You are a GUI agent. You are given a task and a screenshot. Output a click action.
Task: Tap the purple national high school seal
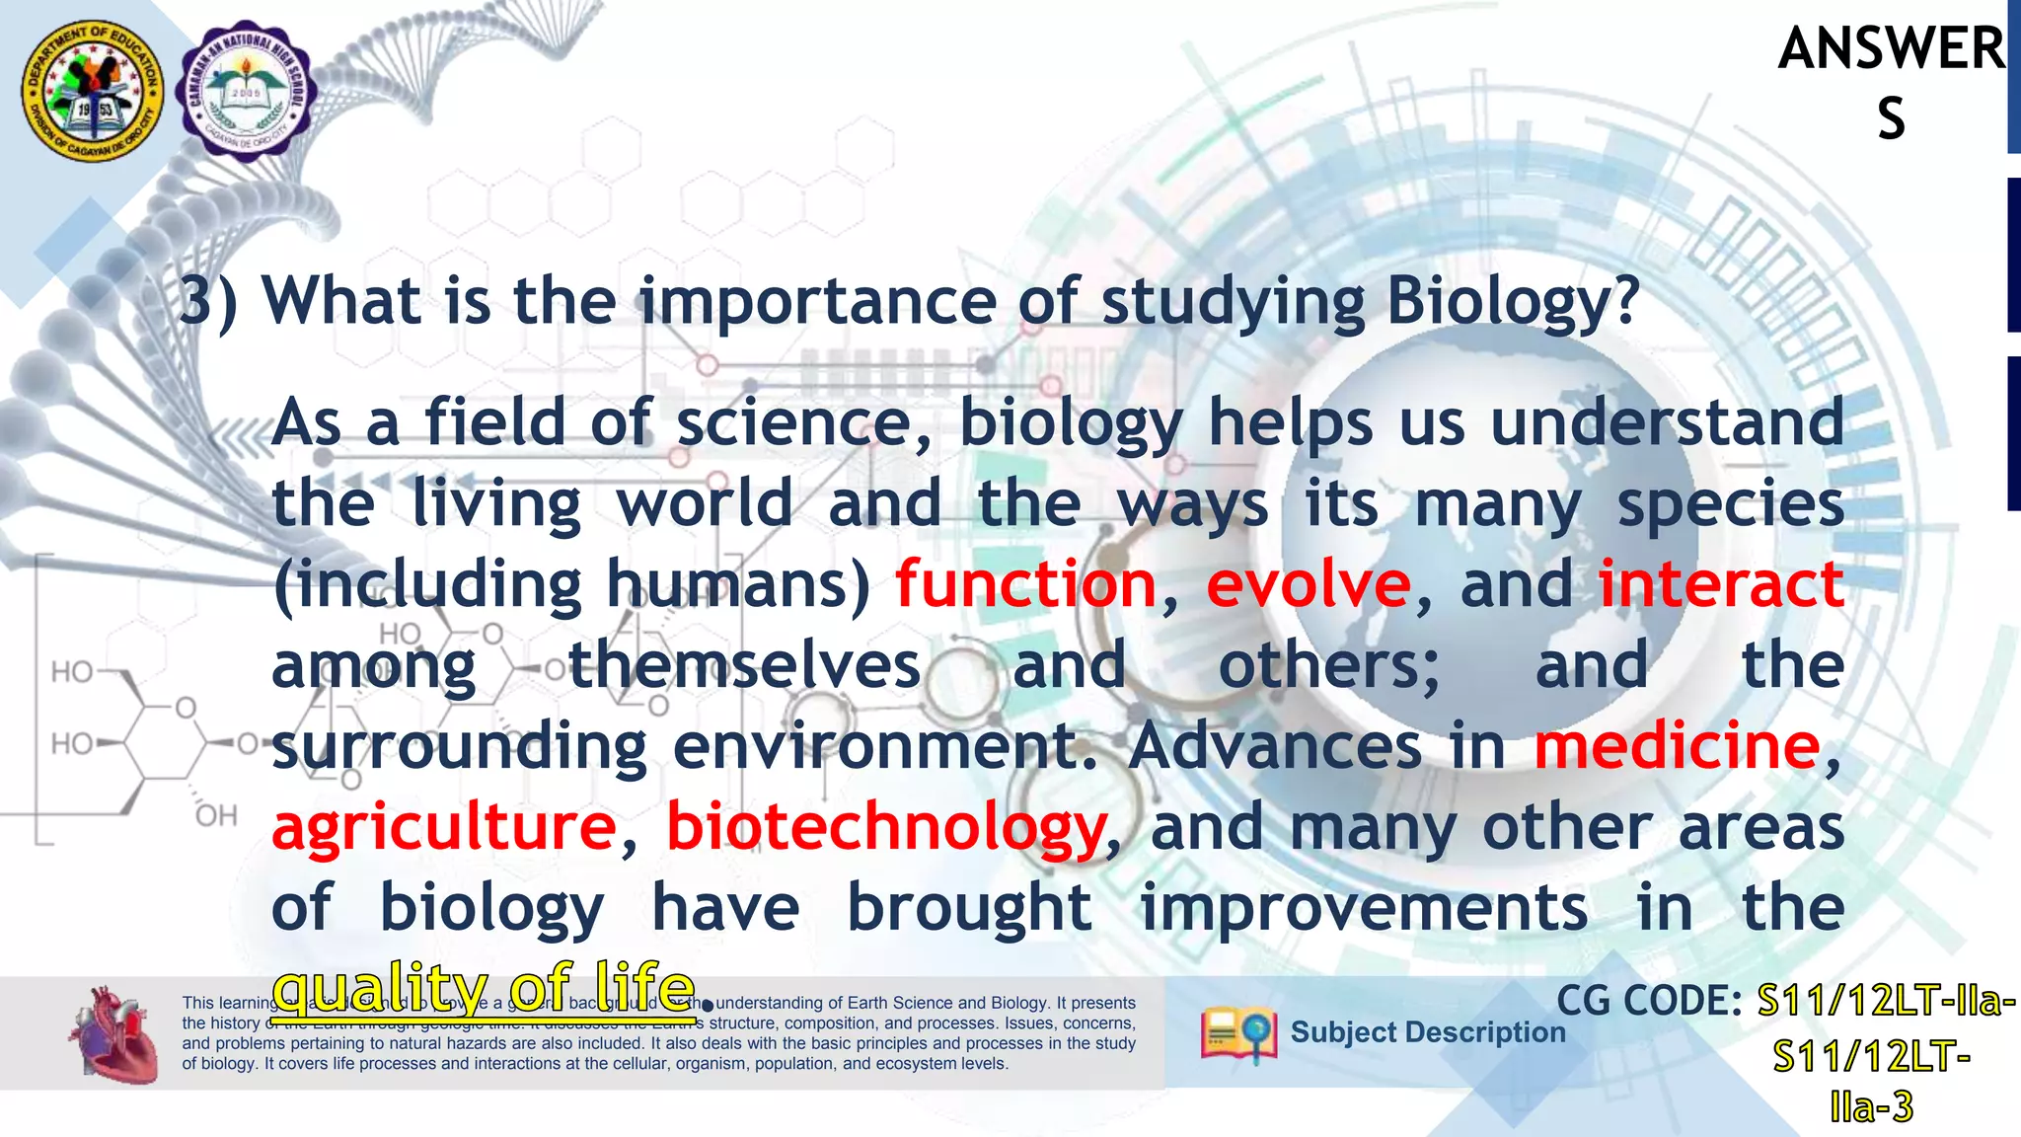(x=246, y=91)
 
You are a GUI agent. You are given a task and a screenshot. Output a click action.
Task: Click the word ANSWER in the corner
(x=1891, y=49)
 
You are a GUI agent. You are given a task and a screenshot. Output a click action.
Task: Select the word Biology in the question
(x=1513, y=301)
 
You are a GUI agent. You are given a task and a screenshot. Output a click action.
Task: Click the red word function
(x=1025, y=584)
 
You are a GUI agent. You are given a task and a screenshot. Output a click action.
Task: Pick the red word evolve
(x=1309, y=584)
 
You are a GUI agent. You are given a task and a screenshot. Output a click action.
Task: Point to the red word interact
(x=1720, y=584)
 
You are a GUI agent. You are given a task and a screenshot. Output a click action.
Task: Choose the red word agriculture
(x=444, y=827)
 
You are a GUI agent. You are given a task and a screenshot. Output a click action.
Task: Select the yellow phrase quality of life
(x=484, y=987)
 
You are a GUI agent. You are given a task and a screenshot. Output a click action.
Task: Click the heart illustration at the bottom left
(x=113, y=1034)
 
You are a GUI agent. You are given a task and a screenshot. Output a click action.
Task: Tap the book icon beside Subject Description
(x=1237, y=1034)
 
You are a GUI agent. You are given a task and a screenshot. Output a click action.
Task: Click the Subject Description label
(x=1427, y=1032)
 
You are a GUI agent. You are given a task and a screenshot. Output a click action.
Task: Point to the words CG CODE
(x=1649, y=1002)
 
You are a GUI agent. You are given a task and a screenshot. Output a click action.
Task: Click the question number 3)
(x=208, y=301)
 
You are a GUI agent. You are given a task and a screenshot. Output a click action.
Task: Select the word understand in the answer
(x=1666, y=422)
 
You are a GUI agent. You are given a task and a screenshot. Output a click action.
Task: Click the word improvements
(x=1364, y=908)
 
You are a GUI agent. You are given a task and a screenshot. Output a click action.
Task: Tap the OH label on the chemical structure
(x=216, y=816)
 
